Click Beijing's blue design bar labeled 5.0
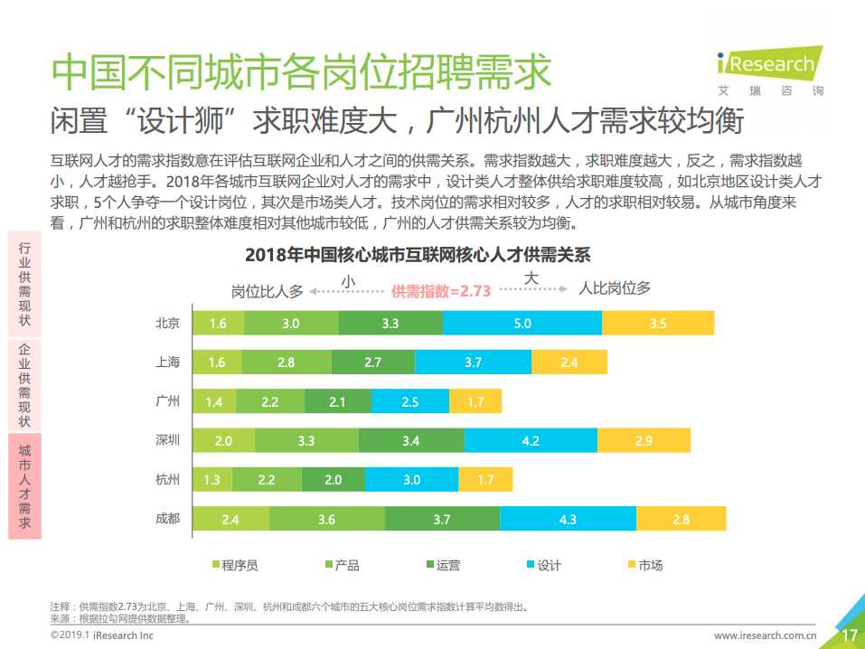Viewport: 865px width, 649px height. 522,323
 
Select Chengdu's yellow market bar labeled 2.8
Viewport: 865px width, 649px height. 681,519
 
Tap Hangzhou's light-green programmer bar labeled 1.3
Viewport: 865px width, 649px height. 212,480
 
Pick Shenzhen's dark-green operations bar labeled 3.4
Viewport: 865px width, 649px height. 410,440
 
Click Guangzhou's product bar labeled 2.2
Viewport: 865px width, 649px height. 269,401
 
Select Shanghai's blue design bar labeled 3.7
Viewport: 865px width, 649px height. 473,362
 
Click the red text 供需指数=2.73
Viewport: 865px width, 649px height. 440,290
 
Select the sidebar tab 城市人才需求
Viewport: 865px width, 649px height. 25,486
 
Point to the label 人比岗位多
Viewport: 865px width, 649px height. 615,288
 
